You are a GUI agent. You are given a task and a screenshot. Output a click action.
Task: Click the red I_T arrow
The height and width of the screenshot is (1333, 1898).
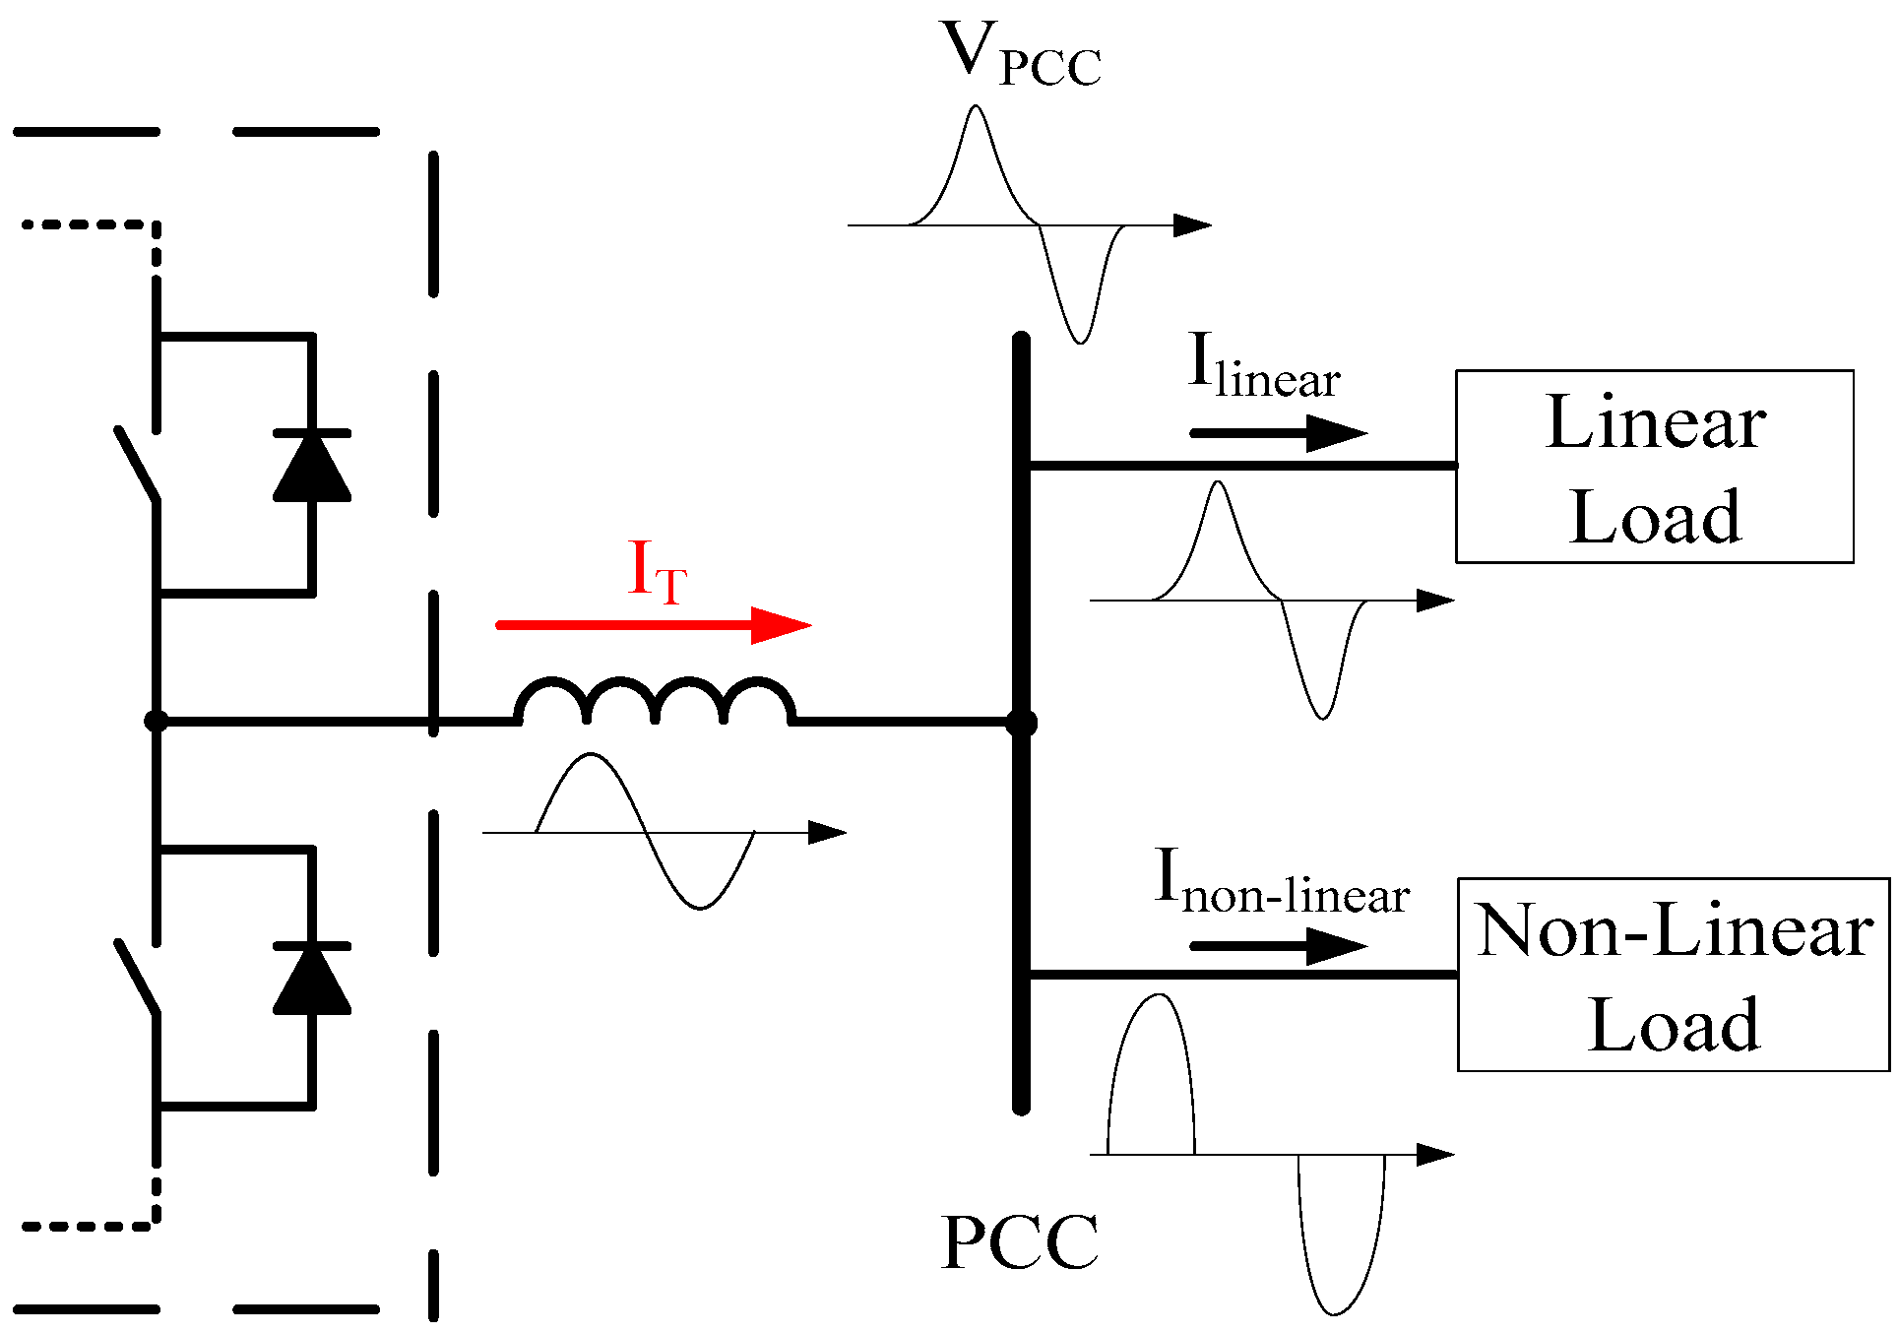click(x=655, y=624)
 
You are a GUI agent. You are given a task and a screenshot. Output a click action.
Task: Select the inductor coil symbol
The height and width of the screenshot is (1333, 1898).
click(x=656, y=701)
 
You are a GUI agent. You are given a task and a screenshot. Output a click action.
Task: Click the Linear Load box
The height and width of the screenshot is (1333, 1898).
click(x=1654, y=467)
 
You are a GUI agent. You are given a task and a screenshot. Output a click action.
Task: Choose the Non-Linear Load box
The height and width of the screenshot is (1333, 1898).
click(x=1673, y=975)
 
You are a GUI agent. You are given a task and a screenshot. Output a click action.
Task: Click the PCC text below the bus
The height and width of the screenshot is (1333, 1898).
click(x=1020, y=1242)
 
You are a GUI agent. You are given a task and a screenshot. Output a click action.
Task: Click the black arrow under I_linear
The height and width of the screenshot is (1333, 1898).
click(x=1278, y=432)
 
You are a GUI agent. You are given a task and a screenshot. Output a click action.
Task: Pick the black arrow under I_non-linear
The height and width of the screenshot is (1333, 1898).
click(x=1278, y=946)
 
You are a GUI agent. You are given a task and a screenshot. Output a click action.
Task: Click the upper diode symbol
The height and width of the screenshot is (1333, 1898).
click(x=312, y=467)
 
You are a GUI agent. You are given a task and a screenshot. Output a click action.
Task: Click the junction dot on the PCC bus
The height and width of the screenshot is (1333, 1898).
click(x=1021, y=723)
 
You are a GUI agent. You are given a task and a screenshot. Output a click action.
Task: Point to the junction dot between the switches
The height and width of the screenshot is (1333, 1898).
click(x=156, y=722)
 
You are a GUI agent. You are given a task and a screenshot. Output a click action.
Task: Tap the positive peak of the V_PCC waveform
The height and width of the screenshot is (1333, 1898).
click(x=976, y=108)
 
